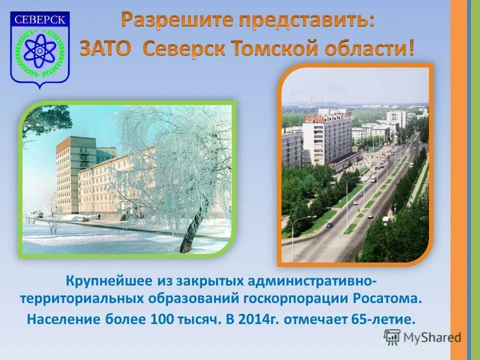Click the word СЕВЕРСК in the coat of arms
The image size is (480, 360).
click(x=40, y=20)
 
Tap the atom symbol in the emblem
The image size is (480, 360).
click(x=39, y=50)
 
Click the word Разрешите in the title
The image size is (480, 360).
click(x=177, y=20)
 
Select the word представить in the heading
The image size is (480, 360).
click(x=305, y=20)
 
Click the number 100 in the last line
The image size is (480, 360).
click(x=160, y=318)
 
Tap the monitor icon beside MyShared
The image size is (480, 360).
click(x=392, y=337)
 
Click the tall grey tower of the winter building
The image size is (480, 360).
click(x=67, y=175)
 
